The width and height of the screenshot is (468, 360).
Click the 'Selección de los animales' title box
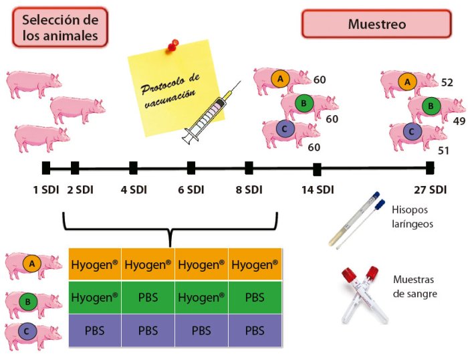(x=60, y=26)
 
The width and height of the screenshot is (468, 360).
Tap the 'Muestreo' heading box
(x=376, y=24)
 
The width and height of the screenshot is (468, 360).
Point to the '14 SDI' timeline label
(x=317, y=189)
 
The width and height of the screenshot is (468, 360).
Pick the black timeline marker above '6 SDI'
(x=191, y=167)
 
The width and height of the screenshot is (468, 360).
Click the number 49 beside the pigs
(x=459, y=121)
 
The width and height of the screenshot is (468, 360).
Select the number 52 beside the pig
(x=447, y=82)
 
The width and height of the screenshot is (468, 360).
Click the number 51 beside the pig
(x=443, y=150)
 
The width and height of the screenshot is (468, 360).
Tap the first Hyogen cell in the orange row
(x=94, y=265)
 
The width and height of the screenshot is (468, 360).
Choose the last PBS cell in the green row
(x=255, y=296)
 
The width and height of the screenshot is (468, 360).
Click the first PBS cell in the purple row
(x=94, y=331)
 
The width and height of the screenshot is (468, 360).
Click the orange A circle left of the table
(x=31, y=265)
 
